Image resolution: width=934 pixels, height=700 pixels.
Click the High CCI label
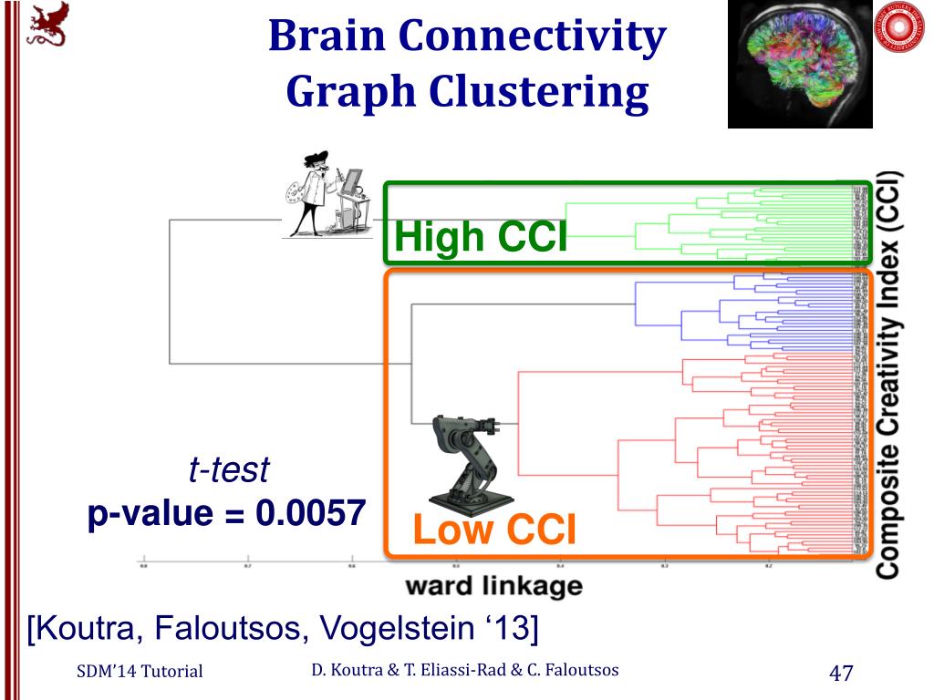pyautogui.click(x=481, y=238)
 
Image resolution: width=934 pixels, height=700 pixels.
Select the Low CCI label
pyautogui.click(x=494, y=530)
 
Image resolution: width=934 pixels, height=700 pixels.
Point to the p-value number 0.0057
pyautogui.click(x=311, y=513)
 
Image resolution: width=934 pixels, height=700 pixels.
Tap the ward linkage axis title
pyautogui.click(x=493, y=585)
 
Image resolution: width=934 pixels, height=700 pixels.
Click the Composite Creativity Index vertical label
pyautogui.click(x=887, y=374)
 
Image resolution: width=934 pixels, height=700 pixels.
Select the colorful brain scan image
pyautogui.click(x=799, y=64)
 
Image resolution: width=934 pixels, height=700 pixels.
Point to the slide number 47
pyautogui.click(x=840, y=674)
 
